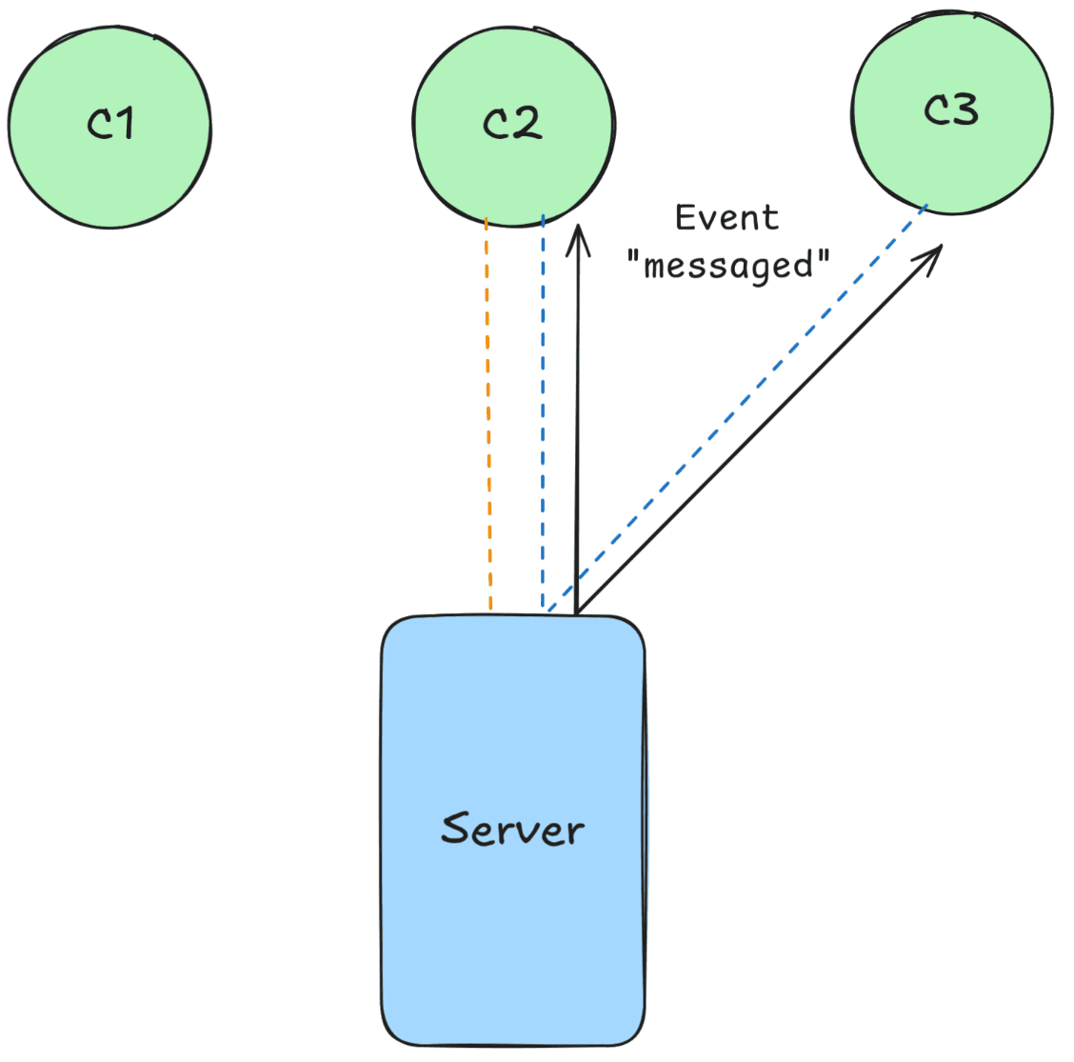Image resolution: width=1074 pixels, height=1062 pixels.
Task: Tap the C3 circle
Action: pyautogui.click(x=952, y=152)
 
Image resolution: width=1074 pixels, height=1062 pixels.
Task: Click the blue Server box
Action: pyautogui.click(x=513, y=933)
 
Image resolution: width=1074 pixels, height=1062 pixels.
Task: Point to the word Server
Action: pyautogui.click(x=512, y=829)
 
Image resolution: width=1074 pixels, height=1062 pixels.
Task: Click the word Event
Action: pyautogui.click(x=726, y=218)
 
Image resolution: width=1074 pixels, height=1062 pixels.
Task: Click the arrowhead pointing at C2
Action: pyautogui.click(x=577, y=238)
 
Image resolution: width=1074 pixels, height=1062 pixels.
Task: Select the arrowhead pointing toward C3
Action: pyautogui.click(x=929, y=257)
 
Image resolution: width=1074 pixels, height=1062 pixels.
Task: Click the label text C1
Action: pyautogui.click(x=110, y=123)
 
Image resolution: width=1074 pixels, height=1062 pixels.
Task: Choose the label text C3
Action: pyautogui.click(x=951, y=110)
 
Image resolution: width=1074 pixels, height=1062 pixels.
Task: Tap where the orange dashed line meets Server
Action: pyautogui.click(x=490, y=610)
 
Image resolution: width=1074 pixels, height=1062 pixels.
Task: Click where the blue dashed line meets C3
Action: pyautogui.click(x=926, y=206)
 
